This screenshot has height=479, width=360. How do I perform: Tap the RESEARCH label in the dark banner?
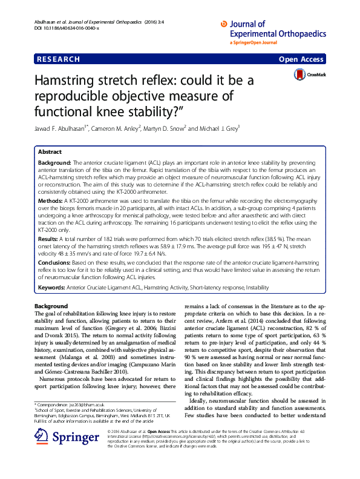point(58,59)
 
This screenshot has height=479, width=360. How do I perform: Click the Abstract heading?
point(50,152)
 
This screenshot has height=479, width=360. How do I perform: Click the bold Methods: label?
point(51,199)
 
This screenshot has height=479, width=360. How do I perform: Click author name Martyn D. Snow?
point(165,128)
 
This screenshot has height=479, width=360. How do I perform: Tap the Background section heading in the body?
point(51,306)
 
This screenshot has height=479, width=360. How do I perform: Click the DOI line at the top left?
point(56,28)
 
